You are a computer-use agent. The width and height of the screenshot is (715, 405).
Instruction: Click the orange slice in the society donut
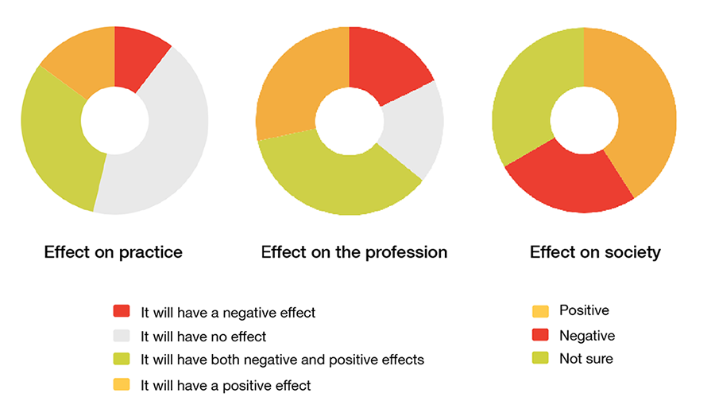click(640, 111)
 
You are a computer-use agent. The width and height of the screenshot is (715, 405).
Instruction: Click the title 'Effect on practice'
click(114, 252)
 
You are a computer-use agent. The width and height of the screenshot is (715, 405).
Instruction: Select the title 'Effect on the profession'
click(354, 252)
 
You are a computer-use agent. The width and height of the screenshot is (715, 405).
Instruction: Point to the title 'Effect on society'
click(595, 252)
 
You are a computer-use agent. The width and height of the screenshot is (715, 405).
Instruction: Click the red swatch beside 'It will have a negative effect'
click(122, 311)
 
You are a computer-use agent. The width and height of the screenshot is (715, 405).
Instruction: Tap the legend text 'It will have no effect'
click(203, 336)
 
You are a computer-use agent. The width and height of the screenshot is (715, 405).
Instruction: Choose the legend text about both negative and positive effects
click(282, 360)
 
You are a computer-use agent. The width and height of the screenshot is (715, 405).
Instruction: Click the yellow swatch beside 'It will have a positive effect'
click(122, 385)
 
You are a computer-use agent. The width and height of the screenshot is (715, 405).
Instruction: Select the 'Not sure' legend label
click(586, 359)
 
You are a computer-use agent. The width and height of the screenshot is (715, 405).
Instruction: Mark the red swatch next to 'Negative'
click(539, 335)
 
